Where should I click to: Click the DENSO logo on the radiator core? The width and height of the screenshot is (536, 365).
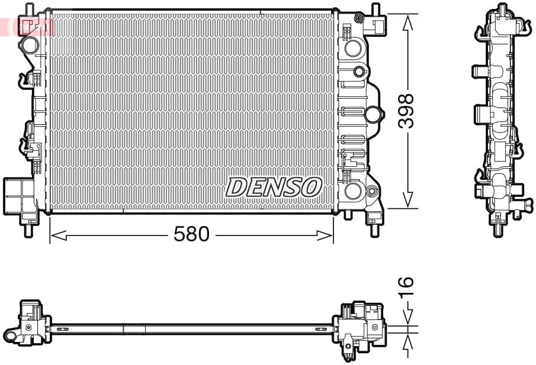tap(273, 187)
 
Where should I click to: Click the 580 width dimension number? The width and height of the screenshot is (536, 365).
tap(191, 235)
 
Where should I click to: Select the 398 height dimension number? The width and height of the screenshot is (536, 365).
tap(406, 111)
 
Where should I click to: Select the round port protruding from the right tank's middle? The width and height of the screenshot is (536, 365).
tap(374, 114)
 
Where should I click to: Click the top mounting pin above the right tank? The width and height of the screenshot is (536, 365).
tap(375, 10)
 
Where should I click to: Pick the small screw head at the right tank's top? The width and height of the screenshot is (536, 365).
tap(358, 18)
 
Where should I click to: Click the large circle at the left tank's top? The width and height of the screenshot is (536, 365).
tap(30, 44)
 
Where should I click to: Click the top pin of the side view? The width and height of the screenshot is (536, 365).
tap(502, 9)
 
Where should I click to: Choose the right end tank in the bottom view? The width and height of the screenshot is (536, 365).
tap(359, 327)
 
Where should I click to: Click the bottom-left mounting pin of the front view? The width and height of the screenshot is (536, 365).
tap(28, 229)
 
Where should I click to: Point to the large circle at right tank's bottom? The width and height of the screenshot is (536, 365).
tap(353, 190)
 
